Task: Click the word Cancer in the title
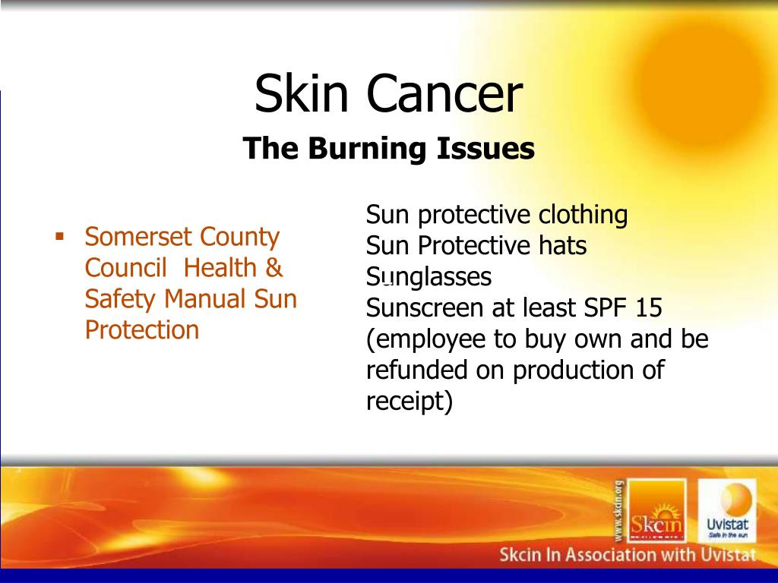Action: (445, 95)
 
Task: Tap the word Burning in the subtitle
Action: (366, 148)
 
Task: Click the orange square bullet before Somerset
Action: (59, 235)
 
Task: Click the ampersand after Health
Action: (274, 268)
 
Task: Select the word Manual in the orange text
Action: (203, 299)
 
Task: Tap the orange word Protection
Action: (142, 330)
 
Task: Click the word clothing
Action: (583, 216)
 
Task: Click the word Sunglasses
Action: (429, 278)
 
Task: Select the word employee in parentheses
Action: (429, 339)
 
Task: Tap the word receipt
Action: (404, 402)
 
